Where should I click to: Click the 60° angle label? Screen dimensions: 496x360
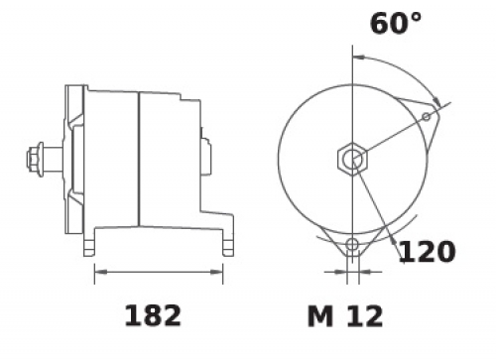[x=396, y=24]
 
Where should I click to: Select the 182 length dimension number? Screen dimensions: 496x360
[x=153, y=315]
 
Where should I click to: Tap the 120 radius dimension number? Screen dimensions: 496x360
[x=428, y=252]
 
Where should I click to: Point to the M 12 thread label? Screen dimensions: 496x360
[x=345, y=316]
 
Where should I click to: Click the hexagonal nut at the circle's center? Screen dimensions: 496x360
[x=352, y=159]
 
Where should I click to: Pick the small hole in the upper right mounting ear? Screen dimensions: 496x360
[x=427, y=116]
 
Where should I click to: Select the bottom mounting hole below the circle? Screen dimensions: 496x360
[x=352, y=245]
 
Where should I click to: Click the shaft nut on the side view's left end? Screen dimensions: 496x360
[x=35, y=160]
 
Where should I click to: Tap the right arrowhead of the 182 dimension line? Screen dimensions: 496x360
[x=216, y=272]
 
